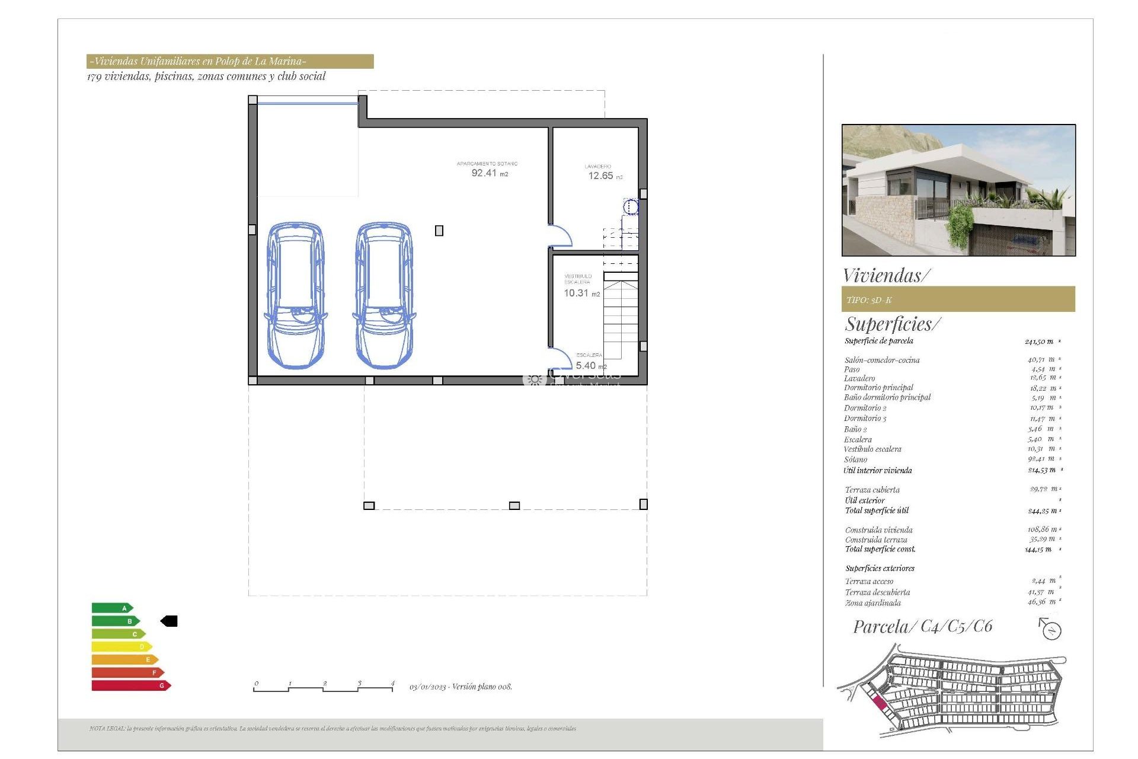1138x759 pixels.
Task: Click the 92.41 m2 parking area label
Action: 489,173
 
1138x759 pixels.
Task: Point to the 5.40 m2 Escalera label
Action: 590,365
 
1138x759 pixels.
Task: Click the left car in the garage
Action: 295,295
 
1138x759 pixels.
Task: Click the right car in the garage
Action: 384,295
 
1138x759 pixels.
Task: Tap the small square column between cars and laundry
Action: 439,231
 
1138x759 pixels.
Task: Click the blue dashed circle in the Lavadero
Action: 631,207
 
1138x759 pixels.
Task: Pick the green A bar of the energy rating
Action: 112,608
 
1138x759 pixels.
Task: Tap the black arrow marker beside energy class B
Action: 170,621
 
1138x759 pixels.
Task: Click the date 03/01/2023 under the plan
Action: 427,687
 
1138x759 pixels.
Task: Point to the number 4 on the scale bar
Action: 392,683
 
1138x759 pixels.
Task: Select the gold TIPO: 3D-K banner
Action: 958,299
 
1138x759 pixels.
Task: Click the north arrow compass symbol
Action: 1050,629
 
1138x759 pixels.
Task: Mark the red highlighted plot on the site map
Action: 880,704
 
